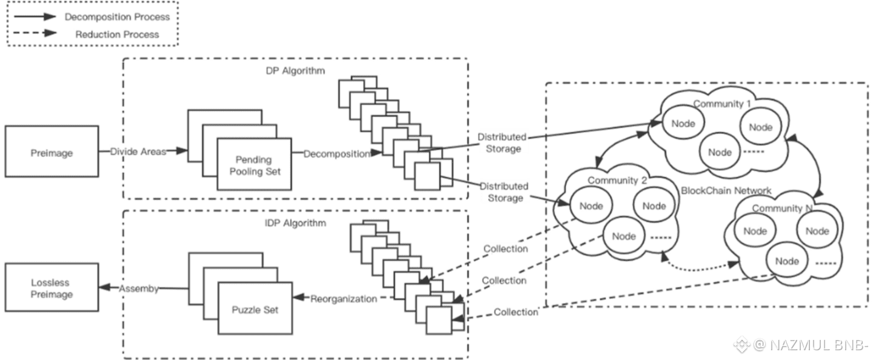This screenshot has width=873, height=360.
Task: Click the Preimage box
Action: [x=52, y=153]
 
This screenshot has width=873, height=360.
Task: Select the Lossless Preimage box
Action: [x=52, y=288]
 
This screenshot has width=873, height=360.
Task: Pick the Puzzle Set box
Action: [x=255, y=310]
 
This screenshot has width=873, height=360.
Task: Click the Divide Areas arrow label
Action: [x=138, y=152]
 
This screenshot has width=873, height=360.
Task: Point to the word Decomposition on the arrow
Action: [x=336, y=154]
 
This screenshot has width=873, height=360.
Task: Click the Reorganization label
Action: [x=343, y=299]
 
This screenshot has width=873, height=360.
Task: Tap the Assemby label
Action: [x=139, y=288]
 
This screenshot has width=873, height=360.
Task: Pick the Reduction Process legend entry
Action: [x=117, y=35]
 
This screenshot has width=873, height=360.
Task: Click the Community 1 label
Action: [x=722, y=104]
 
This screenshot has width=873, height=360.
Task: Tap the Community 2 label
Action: [x=617, y=181]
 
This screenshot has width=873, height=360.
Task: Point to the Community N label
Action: [x=782, y=208]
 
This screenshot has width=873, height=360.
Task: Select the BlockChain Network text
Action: [x=726, y=191]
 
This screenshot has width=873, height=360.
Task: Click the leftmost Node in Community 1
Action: [x=683, y=124]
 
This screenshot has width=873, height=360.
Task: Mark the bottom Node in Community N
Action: [x=787, y=261]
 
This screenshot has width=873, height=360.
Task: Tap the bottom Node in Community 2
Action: [x=624, y=236]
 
